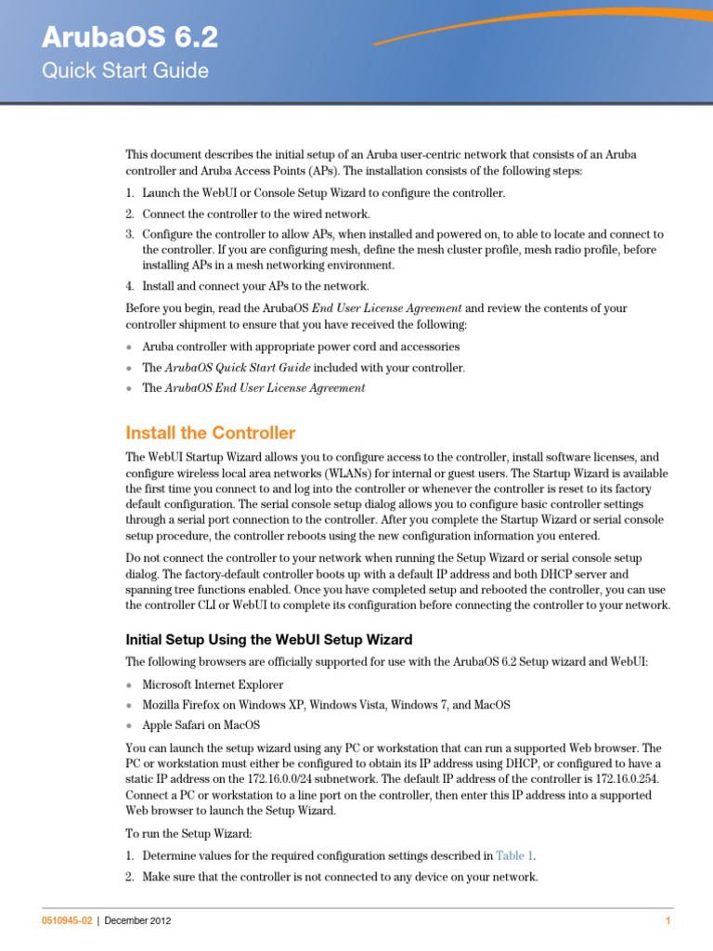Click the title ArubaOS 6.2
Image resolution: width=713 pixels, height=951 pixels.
tap(130, 37)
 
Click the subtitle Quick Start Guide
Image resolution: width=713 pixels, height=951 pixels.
tap(125, 71)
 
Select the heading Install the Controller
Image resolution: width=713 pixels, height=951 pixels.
tap(211, 433)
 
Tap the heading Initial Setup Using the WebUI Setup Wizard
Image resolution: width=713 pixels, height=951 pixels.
tap(269, 639)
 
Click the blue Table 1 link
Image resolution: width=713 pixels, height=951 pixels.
tap(514, 855)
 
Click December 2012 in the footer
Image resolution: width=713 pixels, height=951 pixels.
tap(137, 920)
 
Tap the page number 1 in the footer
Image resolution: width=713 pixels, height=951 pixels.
tap(668, 920)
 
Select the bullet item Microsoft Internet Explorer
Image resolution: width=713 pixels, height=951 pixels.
tap(213, 684)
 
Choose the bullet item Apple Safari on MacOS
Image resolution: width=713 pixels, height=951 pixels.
tap(201, 724)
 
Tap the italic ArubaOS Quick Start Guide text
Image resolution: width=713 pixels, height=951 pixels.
tap(237, 368)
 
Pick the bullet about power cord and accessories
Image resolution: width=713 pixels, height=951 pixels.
tap(288, 346)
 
